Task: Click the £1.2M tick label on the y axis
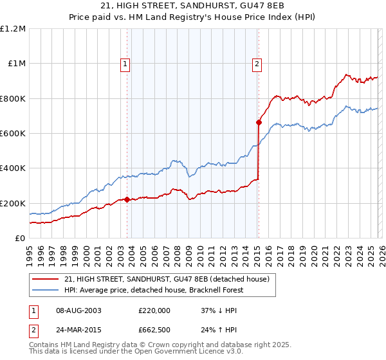[13, 29]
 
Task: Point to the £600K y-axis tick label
[13, 134]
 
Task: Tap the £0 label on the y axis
[19, 238]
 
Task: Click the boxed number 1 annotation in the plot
[124, 64]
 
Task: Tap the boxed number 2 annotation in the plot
[257, 64]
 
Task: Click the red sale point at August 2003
[127, 199]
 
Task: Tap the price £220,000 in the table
[154, 310]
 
